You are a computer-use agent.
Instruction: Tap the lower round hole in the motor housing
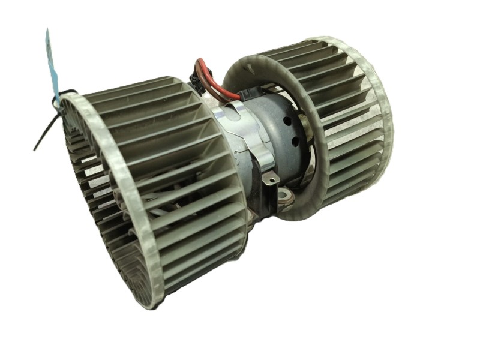pos(295,142)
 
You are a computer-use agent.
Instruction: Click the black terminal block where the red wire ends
pos(249,96)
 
